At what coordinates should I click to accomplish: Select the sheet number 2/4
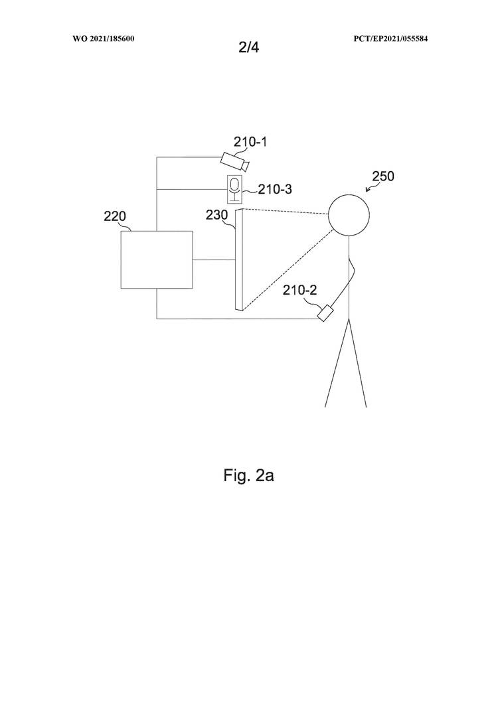249,47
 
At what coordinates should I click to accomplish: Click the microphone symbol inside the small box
234,188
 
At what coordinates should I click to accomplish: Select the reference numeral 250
384,176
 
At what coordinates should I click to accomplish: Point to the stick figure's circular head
349,214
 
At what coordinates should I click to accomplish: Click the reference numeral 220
115,216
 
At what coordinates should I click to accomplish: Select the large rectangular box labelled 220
156,259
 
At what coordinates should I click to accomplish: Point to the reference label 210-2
299,290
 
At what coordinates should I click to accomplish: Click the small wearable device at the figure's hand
326,313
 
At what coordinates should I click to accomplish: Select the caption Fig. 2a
248,476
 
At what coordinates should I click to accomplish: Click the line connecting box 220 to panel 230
213,259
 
